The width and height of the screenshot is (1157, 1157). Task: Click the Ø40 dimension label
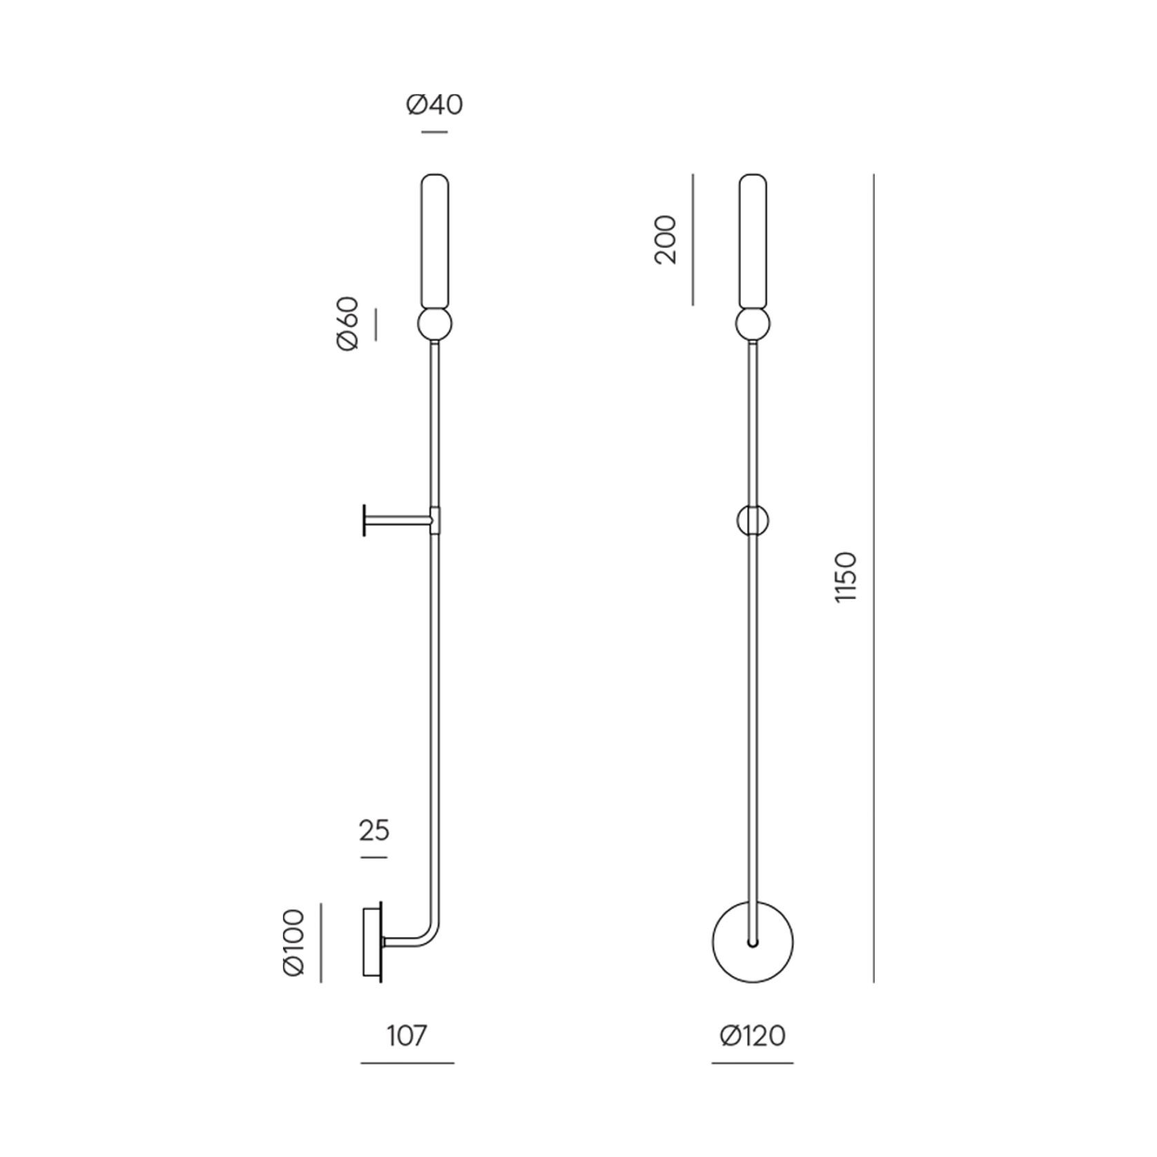[434, 105]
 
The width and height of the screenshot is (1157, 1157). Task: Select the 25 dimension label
[374, 830]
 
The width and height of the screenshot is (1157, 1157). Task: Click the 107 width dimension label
[407, 1036]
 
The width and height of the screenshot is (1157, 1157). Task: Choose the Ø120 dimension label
[752, 1036]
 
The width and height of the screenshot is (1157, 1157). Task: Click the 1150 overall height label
[846, 577]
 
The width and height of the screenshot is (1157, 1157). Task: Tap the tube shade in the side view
[435, 242]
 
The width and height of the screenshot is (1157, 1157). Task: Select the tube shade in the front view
[752, 242]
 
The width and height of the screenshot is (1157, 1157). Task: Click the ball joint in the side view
[435, 325]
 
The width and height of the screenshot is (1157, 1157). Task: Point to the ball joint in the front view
[752, 325]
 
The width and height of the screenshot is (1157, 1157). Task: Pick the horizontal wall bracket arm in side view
[397, 519]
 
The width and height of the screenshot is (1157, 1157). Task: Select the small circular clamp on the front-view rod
[752, 520]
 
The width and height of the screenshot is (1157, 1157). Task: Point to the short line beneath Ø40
[434, 131]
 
